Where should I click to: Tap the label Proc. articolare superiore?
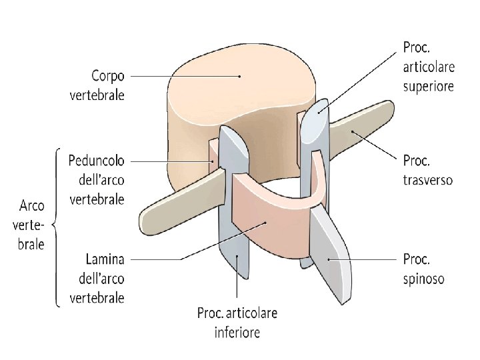(428, 67)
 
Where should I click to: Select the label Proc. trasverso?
(427, 171)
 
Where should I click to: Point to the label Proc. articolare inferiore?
(237, 322)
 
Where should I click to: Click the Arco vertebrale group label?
(31, 225)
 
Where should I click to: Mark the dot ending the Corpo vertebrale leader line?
(238, 77)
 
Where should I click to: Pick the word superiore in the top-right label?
(428, 86)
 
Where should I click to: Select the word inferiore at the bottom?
(237, 331)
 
